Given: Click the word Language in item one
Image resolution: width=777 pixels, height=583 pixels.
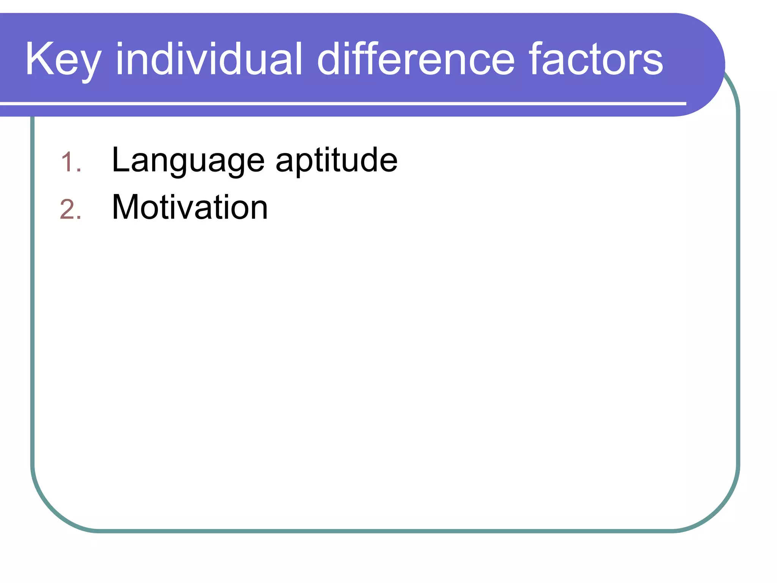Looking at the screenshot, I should [x=188, y=161].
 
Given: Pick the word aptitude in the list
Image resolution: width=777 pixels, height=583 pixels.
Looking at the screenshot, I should [x=337, y=161].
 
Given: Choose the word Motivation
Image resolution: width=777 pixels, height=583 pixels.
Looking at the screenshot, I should [x=190, y=207].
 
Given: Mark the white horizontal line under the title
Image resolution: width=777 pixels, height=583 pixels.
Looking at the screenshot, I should [x=341, y=103].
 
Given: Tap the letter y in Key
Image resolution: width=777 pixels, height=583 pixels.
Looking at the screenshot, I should [x=90, y=65].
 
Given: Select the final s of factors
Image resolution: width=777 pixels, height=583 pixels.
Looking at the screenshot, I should [x=653, y=63].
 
